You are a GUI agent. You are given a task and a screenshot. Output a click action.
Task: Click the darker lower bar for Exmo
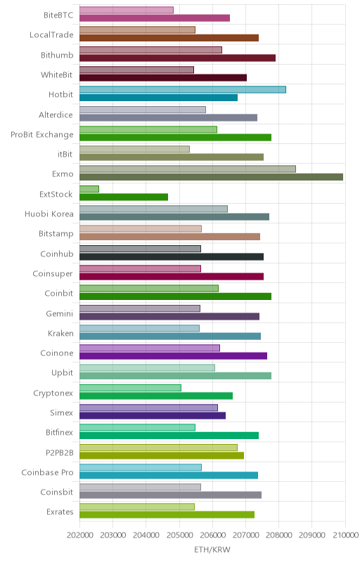[211, 177]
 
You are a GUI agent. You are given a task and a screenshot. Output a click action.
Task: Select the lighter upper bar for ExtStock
[89, 189]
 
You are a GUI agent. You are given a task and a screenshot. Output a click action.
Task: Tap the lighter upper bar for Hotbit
[183, 90]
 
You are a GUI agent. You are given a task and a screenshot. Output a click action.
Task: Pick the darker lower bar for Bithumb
[177, 58]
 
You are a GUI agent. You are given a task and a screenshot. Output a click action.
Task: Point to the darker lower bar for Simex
[153, 415]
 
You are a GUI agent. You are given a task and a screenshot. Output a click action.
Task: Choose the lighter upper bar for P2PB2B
[158, 447]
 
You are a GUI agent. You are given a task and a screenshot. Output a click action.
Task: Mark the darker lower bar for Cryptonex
[156, 396]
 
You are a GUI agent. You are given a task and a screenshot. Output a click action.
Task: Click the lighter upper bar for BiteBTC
[127, 10]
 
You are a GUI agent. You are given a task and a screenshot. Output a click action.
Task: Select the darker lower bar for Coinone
[173, 356]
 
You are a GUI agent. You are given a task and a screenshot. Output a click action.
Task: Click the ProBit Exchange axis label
[42, 135]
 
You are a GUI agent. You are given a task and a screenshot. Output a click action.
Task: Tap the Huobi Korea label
[49, 214]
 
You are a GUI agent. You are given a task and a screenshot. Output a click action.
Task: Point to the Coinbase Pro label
[47, 472]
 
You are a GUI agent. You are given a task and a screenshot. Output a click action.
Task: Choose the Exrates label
[60, 512]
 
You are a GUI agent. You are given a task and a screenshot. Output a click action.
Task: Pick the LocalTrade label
[51, 34]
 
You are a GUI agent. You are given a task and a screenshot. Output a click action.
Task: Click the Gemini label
[60, 313]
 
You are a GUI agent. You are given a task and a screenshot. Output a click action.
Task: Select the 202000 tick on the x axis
[79, 535]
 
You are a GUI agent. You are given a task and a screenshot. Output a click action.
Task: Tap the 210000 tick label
[345, 535]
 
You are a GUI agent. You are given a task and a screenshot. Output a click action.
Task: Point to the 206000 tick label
[212, 535]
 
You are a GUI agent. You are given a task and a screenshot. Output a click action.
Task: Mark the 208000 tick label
[278, 535]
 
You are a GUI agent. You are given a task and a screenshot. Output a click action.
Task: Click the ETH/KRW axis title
[212, 549]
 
